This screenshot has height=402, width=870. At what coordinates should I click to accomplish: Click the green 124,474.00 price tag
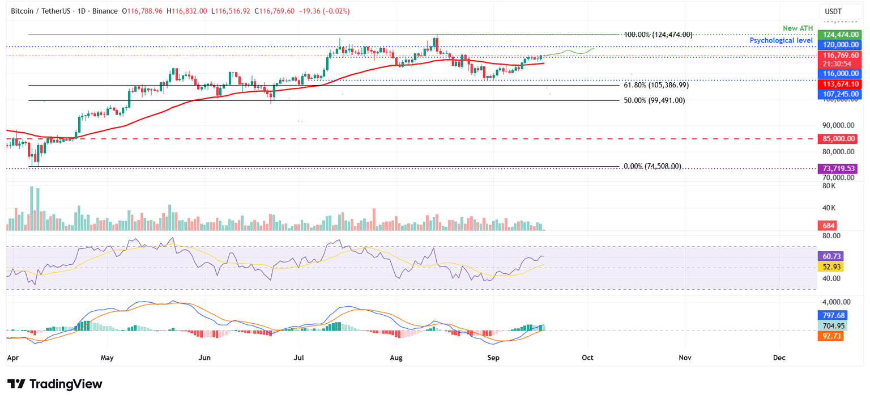837,35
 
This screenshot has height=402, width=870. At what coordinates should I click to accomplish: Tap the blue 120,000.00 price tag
837,45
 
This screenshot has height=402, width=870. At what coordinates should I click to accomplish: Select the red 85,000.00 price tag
837,139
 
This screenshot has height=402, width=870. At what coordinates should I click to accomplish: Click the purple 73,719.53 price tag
837,168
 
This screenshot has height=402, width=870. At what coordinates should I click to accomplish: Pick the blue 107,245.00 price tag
837,94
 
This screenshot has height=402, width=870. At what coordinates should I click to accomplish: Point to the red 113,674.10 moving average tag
837,84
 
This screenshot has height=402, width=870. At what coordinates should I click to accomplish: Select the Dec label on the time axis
779,358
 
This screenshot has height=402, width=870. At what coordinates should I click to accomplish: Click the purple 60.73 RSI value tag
831,256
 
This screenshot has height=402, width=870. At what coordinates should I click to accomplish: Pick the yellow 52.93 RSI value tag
831,266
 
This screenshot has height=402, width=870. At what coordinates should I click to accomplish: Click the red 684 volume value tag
828,226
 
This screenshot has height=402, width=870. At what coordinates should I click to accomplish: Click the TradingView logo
55,384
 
